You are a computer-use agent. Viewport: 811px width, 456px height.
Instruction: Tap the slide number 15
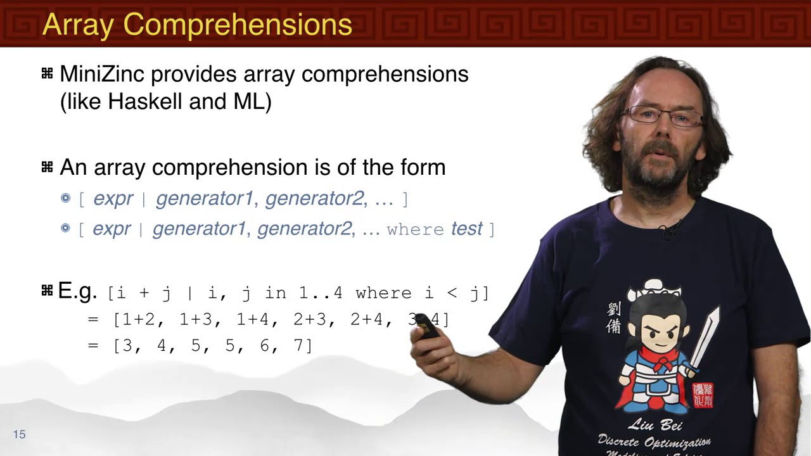coord(19,434)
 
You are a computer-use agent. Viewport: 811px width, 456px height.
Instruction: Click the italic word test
coord(466,229)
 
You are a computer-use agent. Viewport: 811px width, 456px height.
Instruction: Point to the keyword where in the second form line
coord(416,229)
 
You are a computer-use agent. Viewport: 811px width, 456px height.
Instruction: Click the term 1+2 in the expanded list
coord(138,320)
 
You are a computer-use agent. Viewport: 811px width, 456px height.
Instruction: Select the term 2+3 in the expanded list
coord(309,320)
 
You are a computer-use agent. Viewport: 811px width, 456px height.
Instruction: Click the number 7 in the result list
coord(299,346)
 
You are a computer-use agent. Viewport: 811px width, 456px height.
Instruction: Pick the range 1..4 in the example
coord(321,293)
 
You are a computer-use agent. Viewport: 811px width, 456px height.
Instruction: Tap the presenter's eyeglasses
coord(662,115)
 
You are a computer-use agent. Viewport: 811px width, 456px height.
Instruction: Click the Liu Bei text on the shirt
coord(654,424)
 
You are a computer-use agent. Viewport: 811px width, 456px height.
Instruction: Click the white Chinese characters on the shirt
coord(613,317)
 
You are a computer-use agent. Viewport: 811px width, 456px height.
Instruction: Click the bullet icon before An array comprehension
coord(47,167)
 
